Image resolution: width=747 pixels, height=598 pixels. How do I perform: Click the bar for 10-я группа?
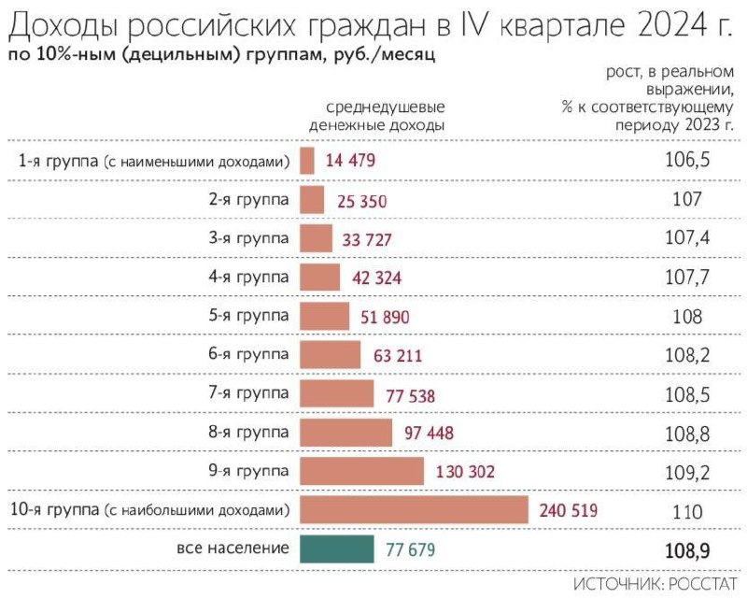pos(415,510)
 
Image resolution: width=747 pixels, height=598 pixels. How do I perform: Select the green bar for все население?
pos(337,548)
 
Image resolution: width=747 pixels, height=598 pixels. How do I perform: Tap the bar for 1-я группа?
pos(307,161)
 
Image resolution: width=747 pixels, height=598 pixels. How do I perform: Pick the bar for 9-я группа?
pos(361,471)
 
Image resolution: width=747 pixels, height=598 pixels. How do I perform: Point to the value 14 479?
pos(350,161)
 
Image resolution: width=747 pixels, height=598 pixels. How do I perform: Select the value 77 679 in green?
pos(410,549)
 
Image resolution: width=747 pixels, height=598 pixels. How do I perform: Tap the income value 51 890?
pos(384,317)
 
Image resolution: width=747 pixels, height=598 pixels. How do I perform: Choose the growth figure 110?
pos(687,511)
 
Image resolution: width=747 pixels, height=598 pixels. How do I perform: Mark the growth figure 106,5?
pos(687,161)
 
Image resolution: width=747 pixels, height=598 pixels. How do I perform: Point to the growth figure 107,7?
pos(687,278)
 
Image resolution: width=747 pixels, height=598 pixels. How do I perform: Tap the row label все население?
pos(233,548)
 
